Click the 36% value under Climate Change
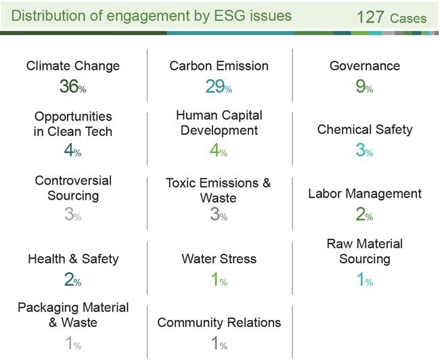tap(72, 86)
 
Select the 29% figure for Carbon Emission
tap(219, 86)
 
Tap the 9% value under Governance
tap(364, 86)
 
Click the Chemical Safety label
tap(365, 130)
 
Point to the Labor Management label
tap(365, 194)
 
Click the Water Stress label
tap(219, 258)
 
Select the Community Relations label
tap(219, 323)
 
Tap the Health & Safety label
tap(73, 258)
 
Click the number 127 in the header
tap(370, 17)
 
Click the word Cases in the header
tap(408, 18)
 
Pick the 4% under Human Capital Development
tap(219, 150)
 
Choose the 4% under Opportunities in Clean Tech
tap(72, 150)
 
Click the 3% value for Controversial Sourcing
tap(72, 214)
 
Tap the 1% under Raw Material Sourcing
tap(364, 279)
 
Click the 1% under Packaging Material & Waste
tap(73, 343)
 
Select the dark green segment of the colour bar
tap(83, 33)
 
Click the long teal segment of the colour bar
tap(230, 33)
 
